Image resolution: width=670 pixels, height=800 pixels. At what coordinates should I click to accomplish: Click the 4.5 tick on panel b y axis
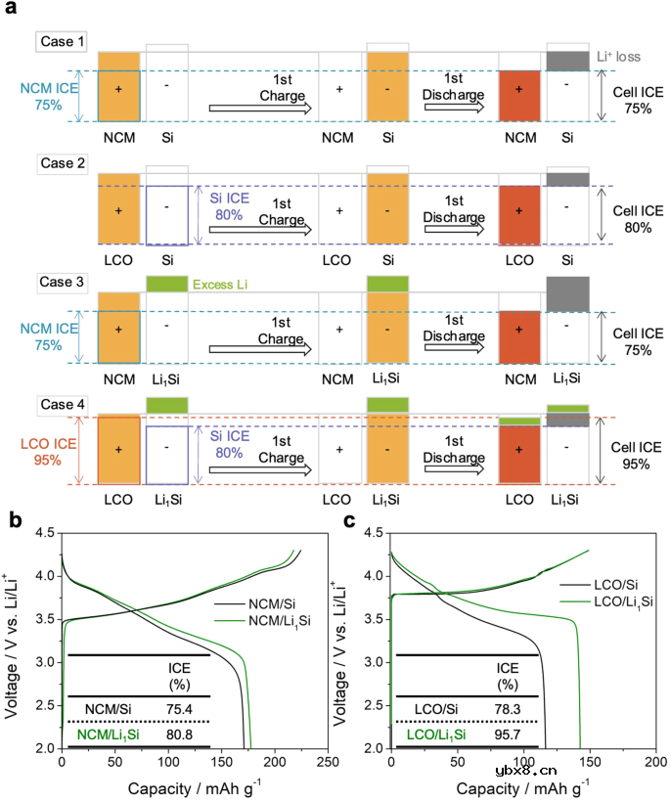(44, 532)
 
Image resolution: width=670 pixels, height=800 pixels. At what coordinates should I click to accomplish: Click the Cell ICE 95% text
(631, 456)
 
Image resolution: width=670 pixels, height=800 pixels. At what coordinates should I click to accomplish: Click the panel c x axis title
(523, 785)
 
